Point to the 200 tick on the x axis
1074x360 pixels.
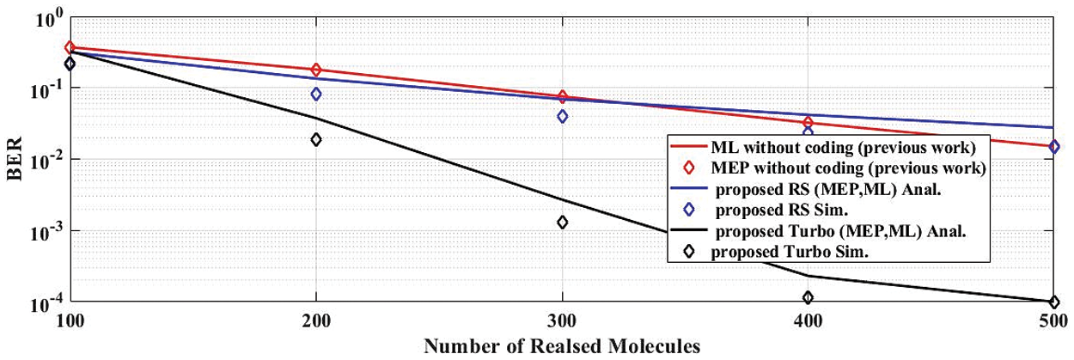click(x=316, y=320)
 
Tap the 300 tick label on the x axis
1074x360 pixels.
click(x=563, y=320)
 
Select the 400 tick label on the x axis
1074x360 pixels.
click(x=809, y=320)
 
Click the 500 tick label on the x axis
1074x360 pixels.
click(x=1053, y=320)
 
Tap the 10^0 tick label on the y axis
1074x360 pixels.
click(x=46, y=17)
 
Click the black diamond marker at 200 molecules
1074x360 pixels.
click(x=316, y=139)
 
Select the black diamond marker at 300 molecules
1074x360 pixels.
click(x=563, y=222)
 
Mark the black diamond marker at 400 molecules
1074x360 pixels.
click(x=809, y=297)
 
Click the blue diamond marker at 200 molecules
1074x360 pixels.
click(x=316, y=94)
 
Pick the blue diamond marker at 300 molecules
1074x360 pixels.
click(x=563, y=116)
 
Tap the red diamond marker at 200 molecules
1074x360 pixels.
click(x=316, y=70)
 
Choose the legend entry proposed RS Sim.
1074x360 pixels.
click(x=791, y=210)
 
